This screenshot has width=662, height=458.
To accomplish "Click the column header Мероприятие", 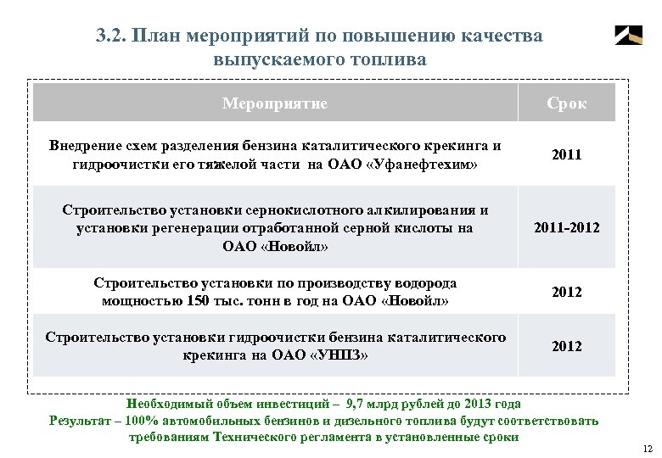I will pyautogui.click(x=274, y=103).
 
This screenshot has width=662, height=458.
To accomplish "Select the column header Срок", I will pyautogui.click(x=566, y=103).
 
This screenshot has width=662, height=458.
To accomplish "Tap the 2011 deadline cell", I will pyautogui.click(x=566, y=154).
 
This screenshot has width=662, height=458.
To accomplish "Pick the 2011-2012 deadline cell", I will pyautogui.click(x=566, y=227).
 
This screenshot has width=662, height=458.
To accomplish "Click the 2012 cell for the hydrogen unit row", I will pyautogui.click(x=566, y=292).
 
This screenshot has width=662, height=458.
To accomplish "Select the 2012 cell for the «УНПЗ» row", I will pyautogui.click(x=566, y=346).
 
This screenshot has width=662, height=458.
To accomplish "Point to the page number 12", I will pyautogui.click(x=648, y=448).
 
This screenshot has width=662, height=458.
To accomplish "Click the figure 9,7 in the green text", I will pyautogui.click(x=369, y=405).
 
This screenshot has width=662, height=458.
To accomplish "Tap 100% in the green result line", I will pyautogui.click(x=139, y=421).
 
